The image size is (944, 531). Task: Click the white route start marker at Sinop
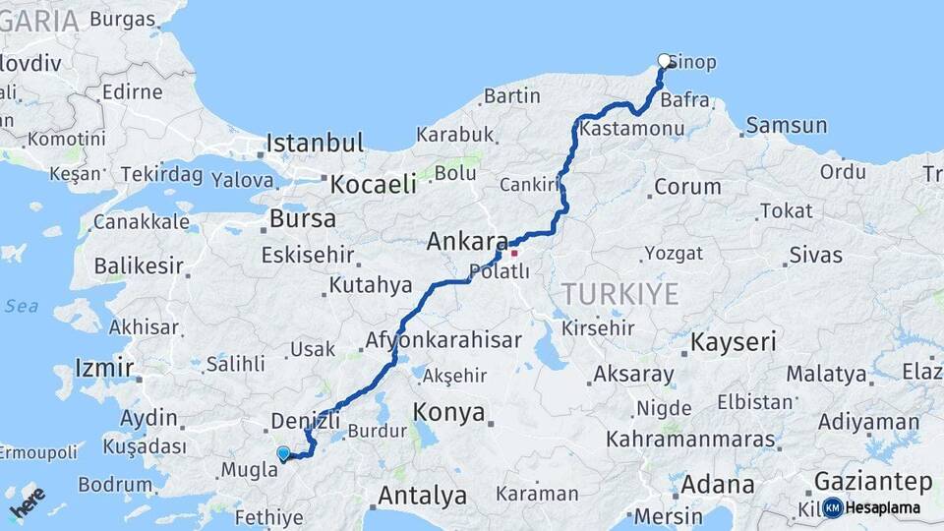664,60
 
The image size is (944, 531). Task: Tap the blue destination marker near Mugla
283,453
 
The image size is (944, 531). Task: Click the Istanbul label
316,143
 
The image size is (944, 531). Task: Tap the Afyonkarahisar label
443,340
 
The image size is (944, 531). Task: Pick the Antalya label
422,495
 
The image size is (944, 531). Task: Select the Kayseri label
734,342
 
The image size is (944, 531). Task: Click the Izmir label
104,369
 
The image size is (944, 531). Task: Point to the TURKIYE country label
620,293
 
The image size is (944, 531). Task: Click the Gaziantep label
873,482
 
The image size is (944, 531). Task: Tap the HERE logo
29,503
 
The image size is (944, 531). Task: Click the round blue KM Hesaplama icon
833,507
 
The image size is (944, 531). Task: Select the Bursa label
303,218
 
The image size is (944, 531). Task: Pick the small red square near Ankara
513,253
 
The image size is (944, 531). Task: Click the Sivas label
815,255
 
